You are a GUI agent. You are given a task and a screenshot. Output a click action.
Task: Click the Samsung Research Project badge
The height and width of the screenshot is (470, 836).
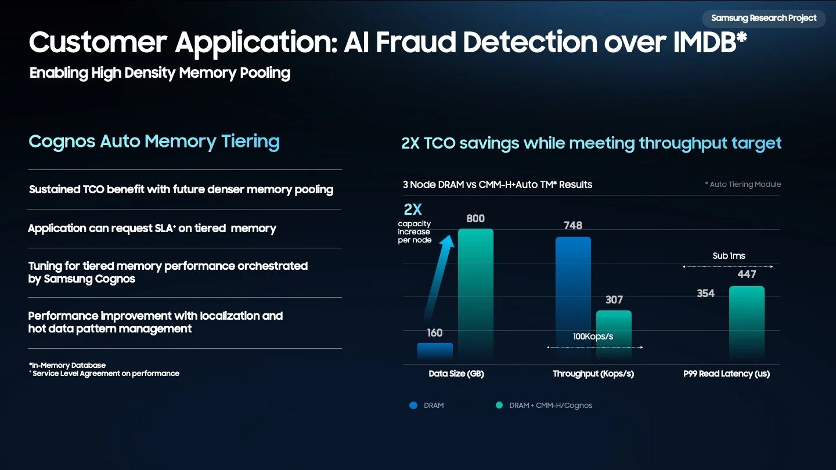pos(763,18)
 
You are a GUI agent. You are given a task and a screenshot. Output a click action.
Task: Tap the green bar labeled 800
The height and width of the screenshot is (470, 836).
pos(475,293)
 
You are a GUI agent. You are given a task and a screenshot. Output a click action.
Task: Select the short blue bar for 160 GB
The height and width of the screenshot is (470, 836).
pos(435,350)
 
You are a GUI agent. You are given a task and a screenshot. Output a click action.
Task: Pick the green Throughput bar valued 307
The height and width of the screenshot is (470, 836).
pos(614,334)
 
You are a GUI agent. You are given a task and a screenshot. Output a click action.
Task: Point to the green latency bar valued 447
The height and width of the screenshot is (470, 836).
pos(747,322)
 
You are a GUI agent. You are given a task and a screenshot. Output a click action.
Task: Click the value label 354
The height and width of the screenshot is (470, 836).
pos(705,294)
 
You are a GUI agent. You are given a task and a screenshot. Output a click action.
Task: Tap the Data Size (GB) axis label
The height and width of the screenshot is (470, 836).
pos(456,374)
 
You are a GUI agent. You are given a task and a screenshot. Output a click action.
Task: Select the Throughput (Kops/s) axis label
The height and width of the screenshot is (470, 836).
pos(593,374)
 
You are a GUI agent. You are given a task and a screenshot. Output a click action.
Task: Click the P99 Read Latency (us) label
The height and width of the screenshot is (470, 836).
pos(726,374)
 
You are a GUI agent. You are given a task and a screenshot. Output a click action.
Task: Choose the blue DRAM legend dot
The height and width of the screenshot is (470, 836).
pos(413,406)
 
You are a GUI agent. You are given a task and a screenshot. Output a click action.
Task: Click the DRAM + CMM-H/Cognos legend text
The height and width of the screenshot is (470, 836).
pos(550,406)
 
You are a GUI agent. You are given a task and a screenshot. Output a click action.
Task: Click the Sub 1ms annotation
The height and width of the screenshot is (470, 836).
pos(729,256)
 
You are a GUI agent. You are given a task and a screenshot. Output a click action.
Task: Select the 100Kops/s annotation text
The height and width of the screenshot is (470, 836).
pos(593,337)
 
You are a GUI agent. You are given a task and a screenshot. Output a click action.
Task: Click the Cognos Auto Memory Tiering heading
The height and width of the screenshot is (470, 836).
pos(154,141)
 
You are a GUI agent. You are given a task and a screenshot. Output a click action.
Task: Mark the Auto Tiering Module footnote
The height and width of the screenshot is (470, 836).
pos(743,185)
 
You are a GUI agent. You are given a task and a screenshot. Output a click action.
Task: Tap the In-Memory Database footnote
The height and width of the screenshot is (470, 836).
pos(68,365)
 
